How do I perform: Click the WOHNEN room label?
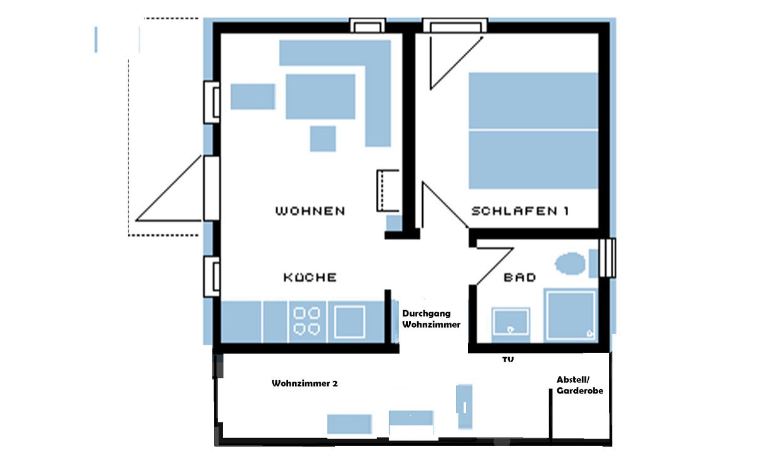click(x=311, y=211)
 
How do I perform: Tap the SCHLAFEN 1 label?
click(x=520, y=211)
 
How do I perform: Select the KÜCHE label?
click(x=310, y=277)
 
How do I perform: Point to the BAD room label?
click(x=520, y=278)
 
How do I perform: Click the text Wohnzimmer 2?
click(x=305, y=384)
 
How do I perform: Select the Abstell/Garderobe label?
click(x=580, y=385)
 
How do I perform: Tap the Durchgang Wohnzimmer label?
click(x=431, y=319)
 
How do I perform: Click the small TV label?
click(x=508, y=359)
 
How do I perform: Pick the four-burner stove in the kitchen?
click(x=306, y=321)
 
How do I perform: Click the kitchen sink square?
click(x=350, y=321)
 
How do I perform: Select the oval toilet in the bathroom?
click(x=570, y=263)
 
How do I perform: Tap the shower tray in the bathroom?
click(x=571, y=315)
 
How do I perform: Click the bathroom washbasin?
click(x=511, y=321)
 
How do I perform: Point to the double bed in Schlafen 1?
click(x=533, y=130)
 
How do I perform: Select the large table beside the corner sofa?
click(x=321, y=97)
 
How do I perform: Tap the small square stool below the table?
click(x=323, y=139)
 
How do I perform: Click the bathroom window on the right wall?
click(x=608, y=258)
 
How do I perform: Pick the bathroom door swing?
click(x=494, y=266)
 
